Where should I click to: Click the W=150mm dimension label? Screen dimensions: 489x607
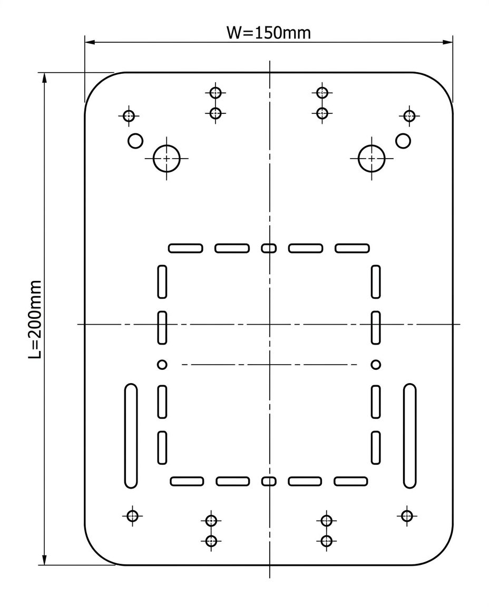click(268, 33)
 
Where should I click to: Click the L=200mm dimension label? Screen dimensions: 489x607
click(35, 319)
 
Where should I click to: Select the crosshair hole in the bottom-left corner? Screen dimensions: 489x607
click(132, 516)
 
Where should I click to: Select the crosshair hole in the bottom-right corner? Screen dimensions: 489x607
click(406, 516)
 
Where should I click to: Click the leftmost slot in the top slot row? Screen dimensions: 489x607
click(185, 248)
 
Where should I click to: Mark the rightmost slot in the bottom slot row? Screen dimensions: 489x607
click(351, 481)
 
